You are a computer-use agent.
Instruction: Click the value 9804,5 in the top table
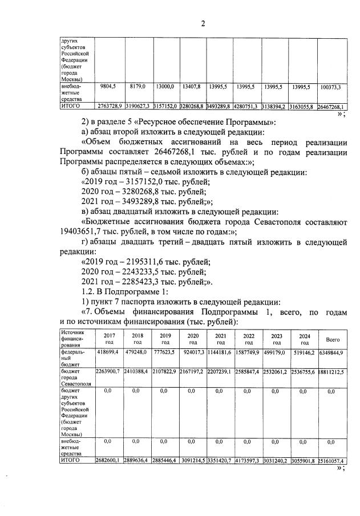tap(108, 87)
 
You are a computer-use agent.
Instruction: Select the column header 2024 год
tap(304, 339)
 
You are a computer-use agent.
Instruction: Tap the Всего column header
tap(332, 339)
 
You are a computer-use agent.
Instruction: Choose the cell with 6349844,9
tap(332, 354)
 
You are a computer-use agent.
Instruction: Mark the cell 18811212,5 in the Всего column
tap(332, 372)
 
